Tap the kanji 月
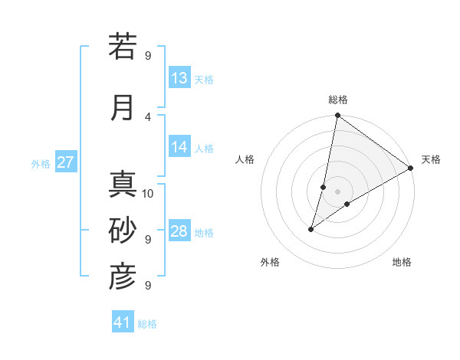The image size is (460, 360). (x=123, y=107)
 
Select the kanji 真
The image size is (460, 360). (x=123, y=184)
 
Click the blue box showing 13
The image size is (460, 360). (x=179, y=78)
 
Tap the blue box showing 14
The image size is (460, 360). (x=179, y=147)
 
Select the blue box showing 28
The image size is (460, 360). (x=179, y=231)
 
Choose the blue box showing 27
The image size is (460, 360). (x=66, y=162)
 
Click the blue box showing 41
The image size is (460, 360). (x=123, y=322)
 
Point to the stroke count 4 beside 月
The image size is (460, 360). (x=148, y=116)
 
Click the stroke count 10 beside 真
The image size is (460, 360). (x=148, y=193)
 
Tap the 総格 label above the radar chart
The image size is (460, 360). (x=338, y=100)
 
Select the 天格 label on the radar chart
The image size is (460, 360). (x=431, y=159)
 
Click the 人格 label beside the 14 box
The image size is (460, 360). (x=204, y=149)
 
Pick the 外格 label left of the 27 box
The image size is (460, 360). (x=41, y=164)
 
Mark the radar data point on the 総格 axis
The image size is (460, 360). (x=337, y=116)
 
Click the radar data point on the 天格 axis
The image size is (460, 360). (x=411, y=168)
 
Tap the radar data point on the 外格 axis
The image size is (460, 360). (x=311, y=228)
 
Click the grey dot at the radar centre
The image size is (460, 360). (x=337, y=191)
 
